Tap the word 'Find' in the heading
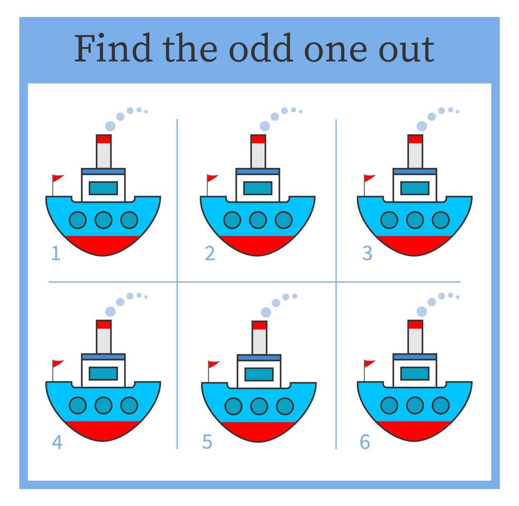113,49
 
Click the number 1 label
55,254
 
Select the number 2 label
209,254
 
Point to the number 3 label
367,254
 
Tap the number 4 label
56,442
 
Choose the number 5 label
207,442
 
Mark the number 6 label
365,442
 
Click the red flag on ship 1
57,179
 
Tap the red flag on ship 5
213,365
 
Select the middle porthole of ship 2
257,220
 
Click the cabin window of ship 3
415,188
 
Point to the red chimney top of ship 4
104,324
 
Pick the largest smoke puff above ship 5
267,312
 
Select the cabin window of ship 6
415,373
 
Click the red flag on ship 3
369,179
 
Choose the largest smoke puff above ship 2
265,126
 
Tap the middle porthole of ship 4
103,405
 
